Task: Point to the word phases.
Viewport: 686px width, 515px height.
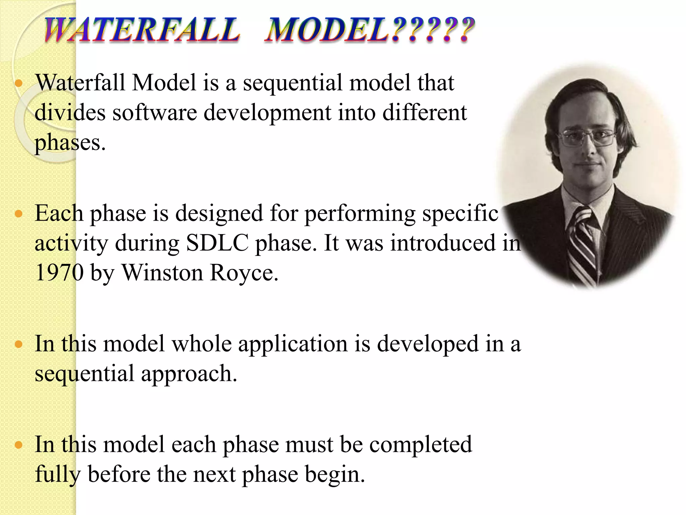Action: pos(70,143)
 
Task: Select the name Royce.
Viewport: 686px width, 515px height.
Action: pos(244,273)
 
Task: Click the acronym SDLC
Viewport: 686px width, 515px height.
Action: pos(217,243)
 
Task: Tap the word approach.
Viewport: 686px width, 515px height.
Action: pos(189,374)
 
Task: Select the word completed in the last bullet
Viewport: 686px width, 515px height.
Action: pos(420,445)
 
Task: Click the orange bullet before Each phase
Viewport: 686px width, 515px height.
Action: pos(19,213)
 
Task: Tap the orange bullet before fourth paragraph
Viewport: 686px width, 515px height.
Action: pos(19,445)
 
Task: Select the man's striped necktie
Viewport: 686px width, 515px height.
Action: pos(583,245)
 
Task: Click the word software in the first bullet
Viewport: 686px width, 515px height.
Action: pos(155,113)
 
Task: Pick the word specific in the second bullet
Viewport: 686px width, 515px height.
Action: pos(460,213)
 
